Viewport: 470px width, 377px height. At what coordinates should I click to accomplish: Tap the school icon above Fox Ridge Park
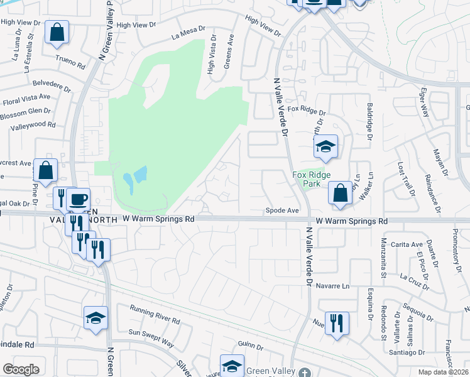coord(325,148)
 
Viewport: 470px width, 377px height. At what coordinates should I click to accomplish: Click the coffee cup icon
coord(77,200)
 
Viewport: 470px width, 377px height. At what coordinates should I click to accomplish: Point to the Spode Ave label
coord(281,210)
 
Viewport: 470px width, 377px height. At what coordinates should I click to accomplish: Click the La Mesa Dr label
coord(188,32)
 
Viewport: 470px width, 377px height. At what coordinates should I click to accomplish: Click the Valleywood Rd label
coord(33,125)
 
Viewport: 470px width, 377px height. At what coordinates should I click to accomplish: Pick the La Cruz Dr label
coord(414,281)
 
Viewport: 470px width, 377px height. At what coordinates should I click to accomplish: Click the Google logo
coord(21,369)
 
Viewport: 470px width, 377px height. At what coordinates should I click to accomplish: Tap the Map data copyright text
coord(442,373)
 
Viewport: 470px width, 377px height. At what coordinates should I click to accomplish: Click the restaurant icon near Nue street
coord(336,324)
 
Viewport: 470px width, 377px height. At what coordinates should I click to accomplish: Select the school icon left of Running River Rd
coord(96,319)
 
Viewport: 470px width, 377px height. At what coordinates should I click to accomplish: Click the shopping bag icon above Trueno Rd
coord(57,34)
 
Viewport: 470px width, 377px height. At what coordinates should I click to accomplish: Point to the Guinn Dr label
coord(250,345)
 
